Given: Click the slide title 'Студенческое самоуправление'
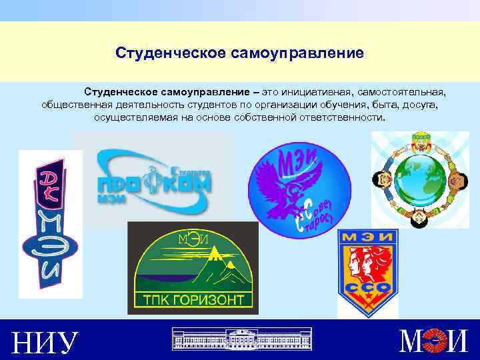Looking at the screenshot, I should [239, 52].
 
